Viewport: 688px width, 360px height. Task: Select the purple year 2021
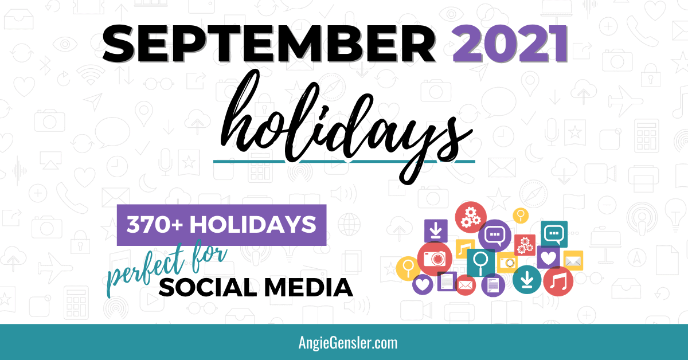[x=510, y=44]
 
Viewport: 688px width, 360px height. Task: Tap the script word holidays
[x=346, y=127]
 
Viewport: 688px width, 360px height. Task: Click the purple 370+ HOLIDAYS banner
[x=221, y=225]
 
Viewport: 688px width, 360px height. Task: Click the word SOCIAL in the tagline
[x=208, y=288]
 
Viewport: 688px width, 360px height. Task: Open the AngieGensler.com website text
[x=347, y=342]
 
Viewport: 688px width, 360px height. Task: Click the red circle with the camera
[x=435, y=259]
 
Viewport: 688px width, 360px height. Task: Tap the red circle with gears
[x=471, y=217]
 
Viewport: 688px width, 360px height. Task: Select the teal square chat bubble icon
[x=554, y=234]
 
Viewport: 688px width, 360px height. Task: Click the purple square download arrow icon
[x=436, y=230]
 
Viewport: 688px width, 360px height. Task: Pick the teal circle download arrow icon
[x=527, y=280]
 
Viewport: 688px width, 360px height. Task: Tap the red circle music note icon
[x=558, y=281]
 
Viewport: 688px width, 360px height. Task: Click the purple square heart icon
[x=549, y=257]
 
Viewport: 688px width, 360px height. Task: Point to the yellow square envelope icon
[x=573, y=261]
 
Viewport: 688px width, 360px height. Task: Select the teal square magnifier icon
[x=480, y=262]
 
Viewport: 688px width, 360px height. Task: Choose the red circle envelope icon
[x=466, y=285]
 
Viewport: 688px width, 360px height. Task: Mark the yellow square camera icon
[x=507, y=263]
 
